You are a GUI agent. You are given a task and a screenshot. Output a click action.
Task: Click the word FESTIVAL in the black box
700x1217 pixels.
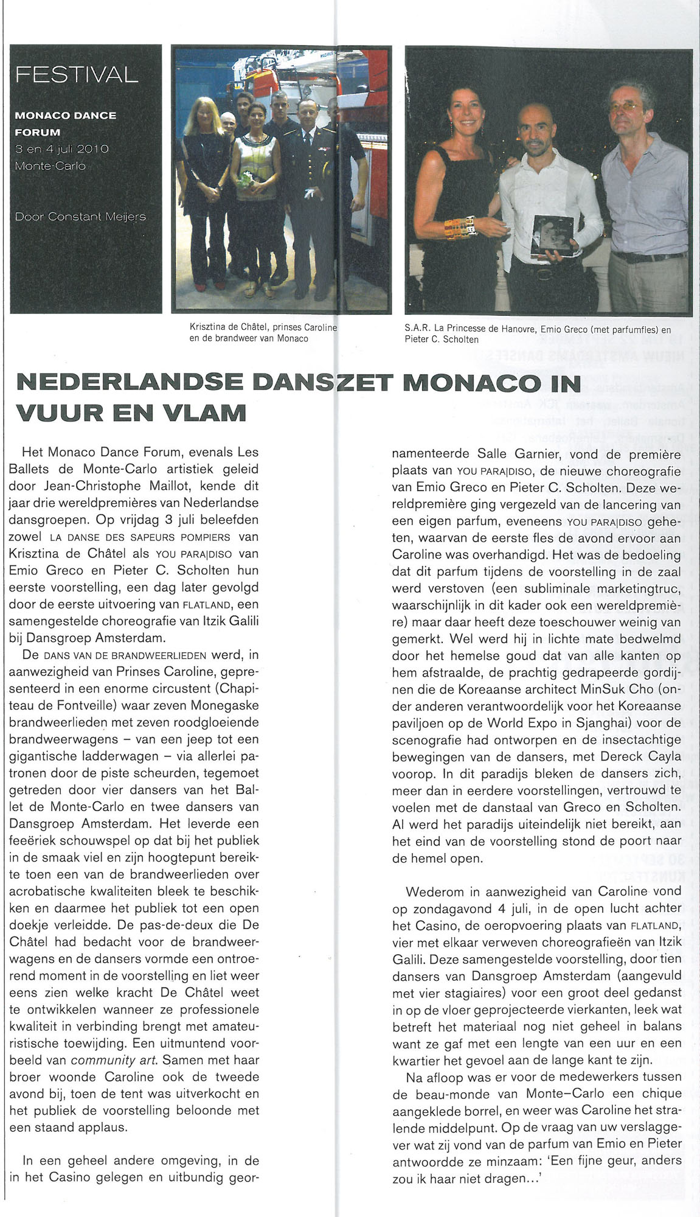click(x=77, y=75)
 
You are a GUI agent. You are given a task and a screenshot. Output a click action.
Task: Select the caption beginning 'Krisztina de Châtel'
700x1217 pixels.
click(x=263, y=333)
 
